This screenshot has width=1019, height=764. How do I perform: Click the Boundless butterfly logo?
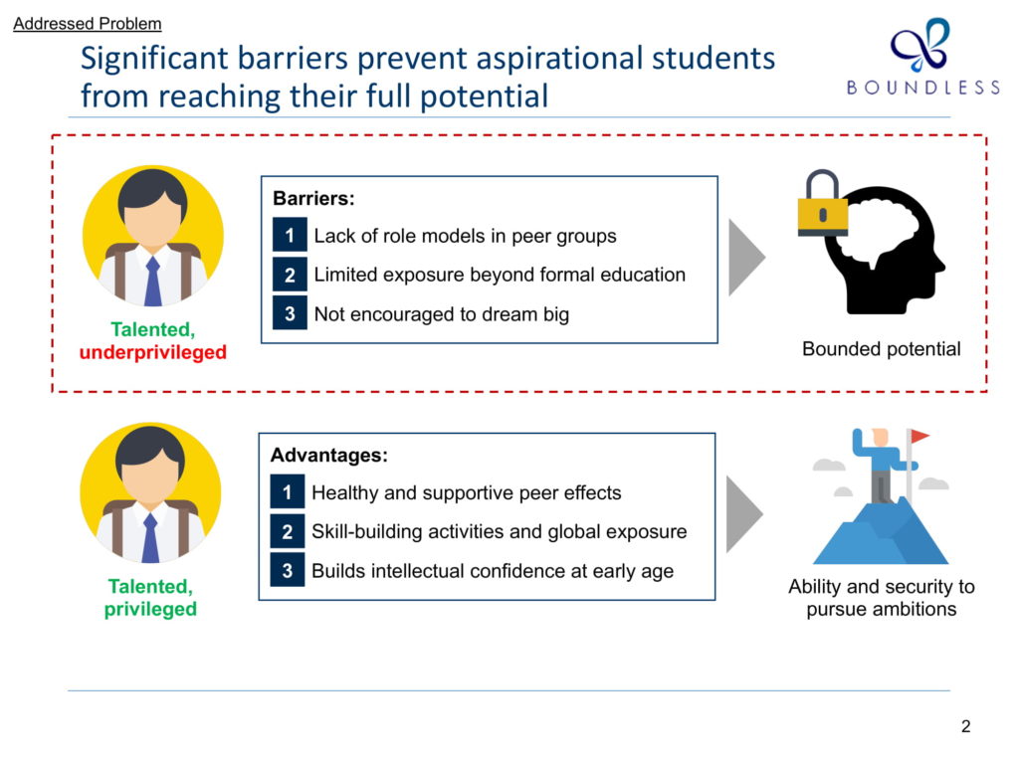tap(920, 44)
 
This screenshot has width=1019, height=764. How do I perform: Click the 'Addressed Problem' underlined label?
tap(88, 24)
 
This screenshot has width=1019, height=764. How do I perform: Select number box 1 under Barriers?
tap(290, 235)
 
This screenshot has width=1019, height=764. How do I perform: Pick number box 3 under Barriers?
tap(290, 313)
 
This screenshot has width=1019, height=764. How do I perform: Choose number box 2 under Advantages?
tap(288, 531)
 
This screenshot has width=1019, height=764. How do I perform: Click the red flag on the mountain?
tap(918, 436)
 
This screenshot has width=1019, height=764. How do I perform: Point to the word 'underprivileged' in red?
tap(152, 352)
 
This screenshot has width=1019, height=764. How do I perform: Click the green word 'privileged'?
tap(150, 610)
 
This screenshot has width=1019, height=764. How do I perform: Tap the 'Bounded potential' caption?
tap(882, 349)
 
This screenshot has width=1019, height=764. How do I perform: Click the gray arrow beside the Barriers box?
tap(746, 258)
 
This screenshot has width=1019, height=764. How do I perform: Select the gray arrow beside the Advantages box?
tap(744, 514)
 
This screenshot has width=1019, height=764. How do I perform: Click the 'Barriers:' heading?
tap(313, 198)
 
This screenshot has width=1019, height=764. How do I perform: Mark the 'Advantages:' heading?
tap(328, 455)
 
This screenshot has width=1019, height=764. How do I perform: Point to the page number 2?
tap(965, 725)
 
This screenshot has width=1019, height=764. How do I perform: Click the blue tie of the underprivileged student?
tap(152, 282)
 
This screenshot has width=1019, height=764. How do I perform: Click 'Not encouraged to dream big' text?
tap(441, 313)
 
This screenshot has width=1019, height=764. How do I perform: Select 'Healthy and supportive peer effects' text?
tap(466, 492)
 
